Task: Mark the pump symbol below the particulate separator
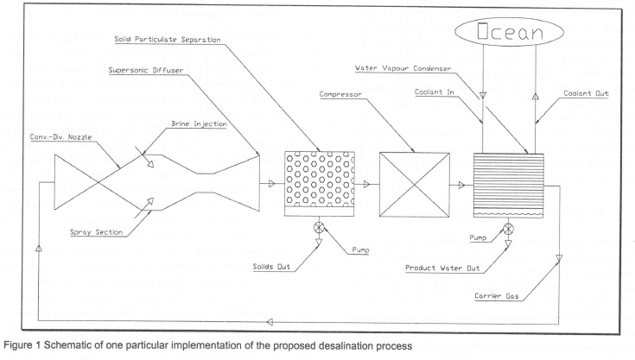(x=320, y=227)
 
